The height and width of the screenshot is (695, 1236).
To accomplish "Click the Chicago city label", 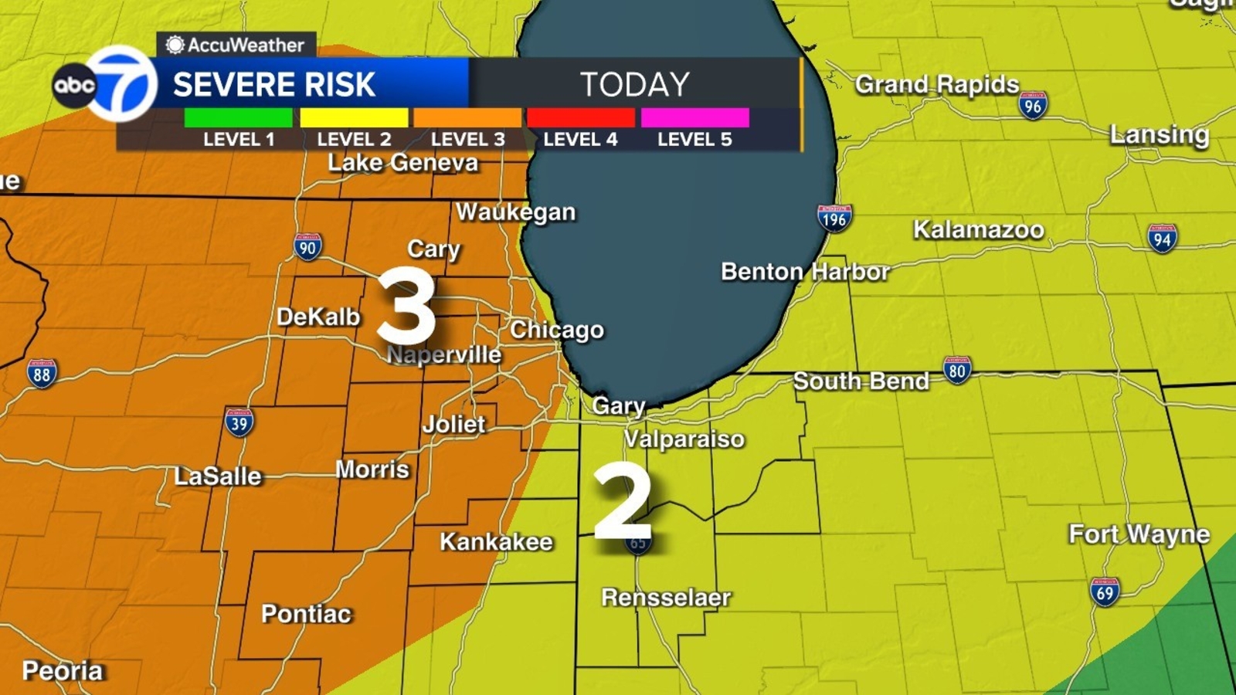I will point(557,330).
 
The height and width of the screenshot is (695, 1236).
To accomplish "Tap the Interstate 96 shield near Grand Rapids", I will point(1032,106).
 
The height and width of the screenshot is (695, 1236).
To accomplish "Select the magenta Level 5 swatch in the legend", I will point(694,117).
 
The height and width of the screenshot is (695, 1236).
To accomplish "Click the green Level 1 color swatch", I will point(238,117).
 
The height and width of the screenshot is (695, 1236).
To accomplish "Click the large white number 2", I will point(623,502).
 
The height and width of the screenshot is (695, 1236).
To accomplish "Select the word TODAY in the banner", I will point(634,84).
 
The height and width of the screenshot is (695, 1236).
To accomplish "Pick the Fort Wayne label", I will point(1139,534).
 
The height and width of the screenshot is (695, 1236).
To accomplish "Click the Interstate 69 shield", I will point(1105,592).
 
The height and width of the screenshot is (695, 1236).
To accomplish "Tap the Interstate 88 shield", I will point(42,375).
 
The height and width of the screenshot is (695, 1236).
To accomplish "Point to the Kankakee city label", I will point(496,542).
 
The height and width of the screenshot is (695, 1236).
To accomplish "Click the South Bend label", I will point(861,381).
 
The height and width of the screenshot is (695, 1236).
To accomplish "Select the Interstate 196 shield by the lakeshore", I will point(834,219).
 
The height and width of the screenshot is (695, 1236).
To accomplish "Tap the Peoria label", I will point(62,670).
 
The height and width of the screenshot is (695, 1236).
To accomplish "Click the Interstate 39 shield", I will point(239,422).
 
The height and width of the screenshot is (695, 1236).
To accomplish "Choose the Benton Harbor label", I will point(805,272).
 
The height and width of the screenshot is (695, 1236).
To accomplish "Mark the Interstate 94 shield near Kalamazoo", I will point(1162,239).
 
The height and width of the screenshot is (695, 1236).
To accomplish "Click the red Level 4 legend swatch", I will point(581,117).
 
